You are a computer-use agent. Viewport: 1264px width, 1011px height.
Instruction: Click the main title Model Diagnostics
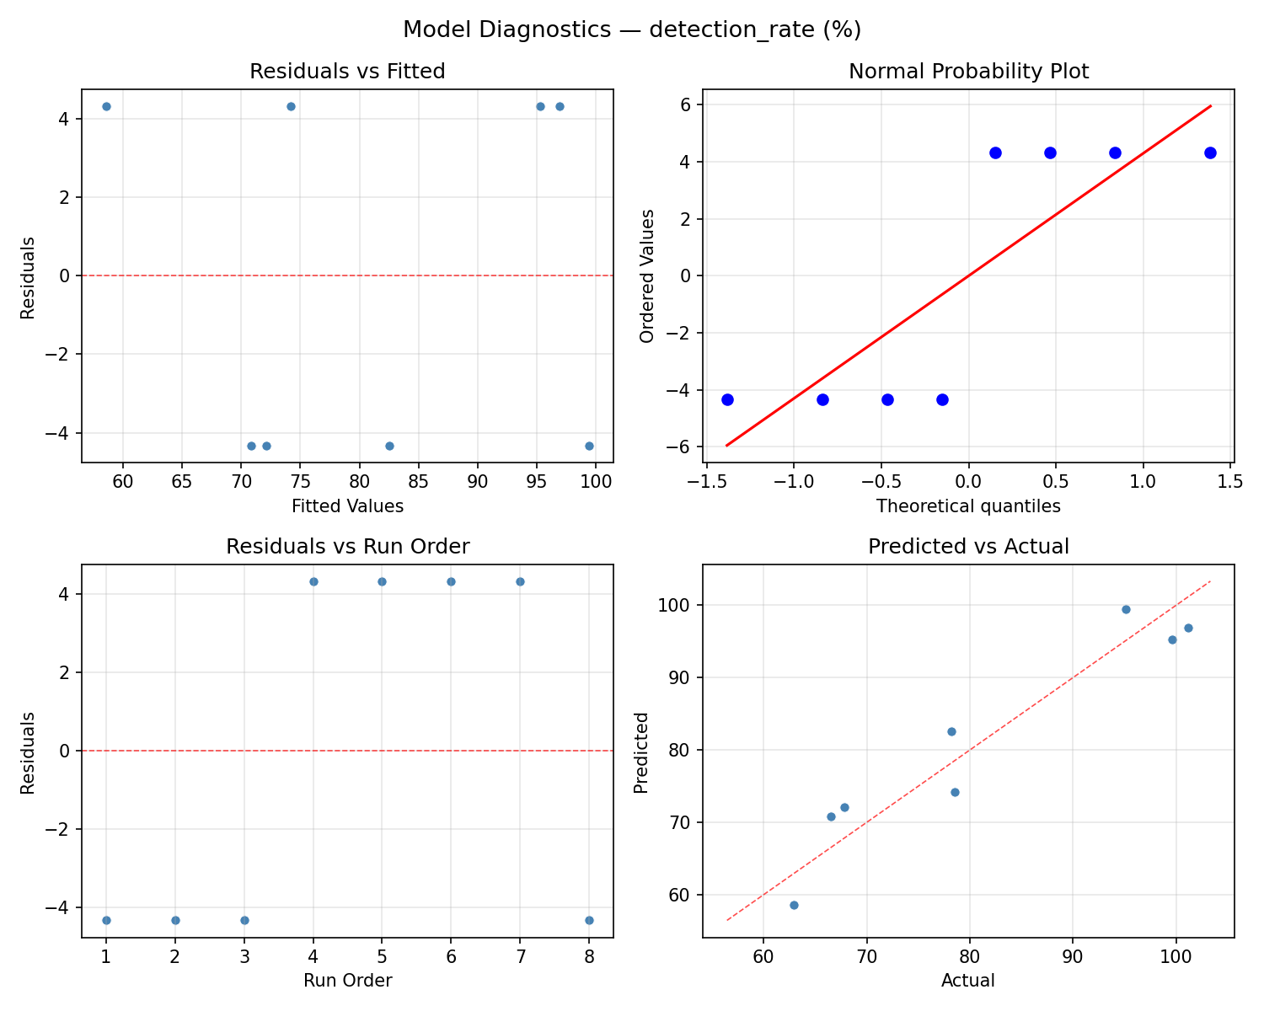coord(631,29)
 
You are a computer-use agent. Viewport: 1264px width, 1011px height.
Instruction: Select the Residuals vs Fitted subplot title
coord(347,72)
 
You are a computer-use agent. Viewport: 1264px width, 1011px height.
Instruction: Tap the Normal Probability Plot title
coord(968,72)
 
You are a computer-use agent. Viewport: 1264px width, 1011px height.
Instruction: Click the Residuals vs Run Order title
coord(347,547)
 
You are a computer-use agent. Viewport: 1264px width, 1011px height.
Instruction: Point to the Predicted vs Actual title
coord(968,547)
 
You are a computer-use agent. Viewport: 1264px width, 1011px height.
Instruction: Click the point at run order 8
coord(589,920)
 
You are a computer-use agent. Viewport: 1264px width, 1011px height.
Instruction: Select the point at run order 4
coord(313,581)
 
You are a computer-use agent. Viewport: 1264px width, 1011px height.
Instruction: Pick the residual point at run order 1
coord(106,920)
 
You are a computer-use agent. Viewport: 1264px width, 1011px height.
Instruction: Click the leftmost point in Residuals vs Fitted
coord(106,106)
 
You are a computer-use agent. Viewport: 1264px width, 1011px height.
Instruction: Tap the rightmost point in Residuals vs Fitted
coord(589,446)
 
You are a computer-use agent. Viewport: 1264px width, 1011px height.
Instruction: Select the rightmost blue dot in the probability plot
coord(1210,152)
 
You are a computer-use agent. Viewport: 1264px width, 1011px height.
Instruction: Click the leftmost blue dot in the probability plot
coord(727,399)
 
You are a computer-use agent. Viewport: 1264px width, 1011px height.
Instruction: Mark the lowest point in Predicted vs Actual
coord(794,905)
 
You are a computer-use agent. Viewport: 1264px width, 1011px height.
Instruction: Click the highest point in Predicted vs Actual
coord(1126,609)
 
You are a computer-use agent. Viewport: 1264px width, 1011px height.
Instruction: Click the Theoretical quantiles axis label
coord(968,506)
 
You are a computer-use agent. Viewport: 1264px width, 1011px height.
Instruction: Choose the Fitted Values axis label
coord(347,506)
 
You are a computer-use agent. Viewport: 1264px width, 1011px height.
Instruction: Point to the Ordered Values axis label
coord(646,275)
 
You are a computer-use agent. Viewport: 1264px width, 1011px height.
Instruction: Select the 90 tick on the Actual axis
coord(1073,957)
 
